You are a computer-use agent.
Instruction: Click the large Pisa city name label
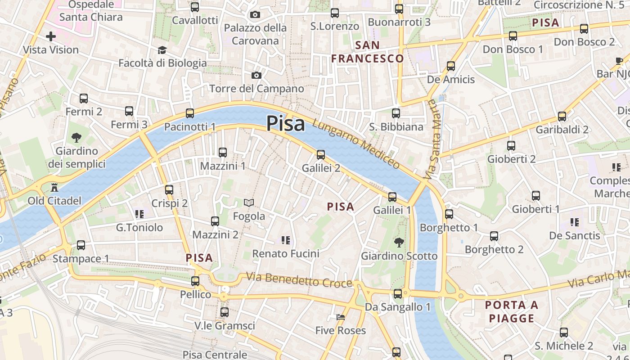click(286, 123)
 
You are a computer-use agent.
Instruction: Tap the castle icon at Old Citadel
click(55, 186)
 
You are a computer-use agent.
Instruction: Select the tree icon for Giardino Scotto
click(399, 243)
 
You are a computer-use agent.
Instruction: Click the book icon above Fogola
click(249, 203)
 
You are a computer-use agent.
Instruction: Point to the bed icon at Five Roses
click(341, 317)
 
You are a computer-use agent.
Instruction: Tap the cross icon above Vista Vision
click(51, 36)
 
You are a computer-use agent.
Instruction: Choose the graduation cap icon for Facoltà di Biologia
click(162, 49)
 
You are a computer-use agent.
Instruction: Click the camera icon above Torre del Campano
click(256, 75)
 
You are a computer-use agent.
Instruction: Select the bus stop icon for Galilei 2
click(321, 154)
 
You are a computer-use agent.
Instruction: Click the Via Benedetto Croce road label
click(299, 280)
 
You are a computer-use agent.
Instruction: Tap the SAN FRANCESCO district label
click(368, 52)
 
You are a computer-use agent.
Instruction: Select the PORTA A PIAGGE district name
click(512, 311)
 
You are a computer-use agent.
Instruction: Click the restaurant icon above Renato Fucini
click(285, 240)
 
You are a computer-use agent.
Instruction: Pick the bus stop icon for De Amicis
click(451, 66)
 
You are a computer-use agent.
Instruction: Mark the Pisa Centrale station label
click(215, 355)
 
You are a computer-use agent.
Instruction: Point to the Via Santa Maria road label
click(433, 139)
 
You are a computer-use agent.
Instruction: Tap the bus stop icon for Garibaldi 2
click(562, 117)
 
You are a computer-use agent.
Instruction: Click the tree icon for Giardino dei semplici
click(76, 137)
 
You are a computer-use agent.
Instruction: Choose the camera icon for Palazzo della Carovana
click(255, 15)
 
